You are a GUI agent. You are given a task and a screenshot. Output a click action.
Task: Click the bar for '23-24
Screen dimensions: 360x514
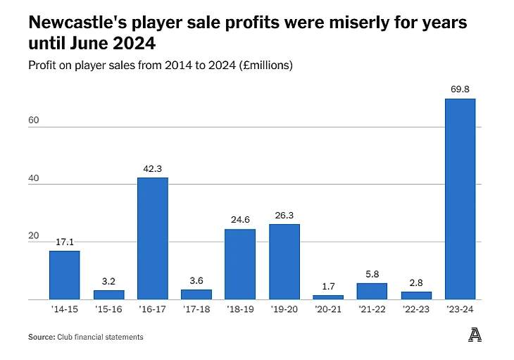point(460,199)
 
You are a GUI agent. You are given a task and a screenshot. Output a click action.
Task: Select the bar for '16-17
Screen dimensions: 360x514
point(153,238)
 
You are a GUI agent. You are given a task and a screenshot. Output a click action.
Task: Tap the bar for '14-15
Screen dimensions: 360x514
point(65,275)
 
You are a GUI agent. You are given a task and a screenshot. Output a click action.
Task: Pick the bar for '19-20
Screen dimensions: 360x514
point(284,261)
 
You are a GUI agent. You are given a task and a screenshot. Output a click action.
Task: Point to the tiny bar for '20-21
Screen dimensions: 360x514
point(328,297)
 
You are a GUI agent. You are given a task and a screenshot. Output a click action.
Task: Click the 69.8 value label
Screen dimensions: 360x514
point(460,90)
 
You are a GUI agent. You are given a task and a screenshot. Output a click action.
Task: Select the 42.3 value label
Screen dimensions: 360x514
point(153,168)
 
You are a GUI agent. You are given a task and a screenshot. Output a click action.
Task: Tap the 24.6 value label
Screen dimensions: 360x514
point(241,220)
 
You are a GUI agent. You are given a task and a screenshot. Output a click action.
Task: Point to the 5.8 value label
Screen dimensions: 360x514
point(372,274)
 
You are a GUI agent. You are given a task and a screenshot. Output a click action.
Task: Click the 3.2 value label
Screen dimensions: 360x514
point(108,281)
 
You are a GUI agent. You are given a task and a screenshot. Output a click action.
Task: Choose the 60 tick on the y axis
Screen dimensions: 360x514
point(34,120)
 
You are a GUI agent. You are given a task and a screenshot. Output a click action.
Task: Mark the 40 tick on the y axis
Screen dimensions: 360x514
point(34,178)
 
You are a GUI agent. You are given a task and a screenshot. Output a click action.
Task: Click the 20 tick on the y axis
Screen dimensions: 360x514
point(34,236)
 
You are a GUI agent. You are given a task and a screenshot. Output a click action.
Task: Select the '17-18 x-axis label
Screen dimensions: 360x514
point(196,309)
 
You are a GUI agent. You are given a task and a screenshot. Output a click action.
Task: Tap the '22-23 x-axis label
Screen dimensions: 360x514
point(416,309)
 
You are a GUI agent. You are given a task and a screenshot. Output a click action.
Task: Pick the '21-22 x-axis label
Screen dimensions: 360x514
point(372,309)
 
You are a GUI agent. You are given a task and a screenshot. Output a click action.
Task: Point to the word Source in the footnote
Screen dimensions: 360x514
point(41,337)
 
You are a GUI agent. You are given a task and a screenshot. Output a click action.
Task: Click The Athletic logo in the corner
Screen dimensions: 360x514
point(475,336)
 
